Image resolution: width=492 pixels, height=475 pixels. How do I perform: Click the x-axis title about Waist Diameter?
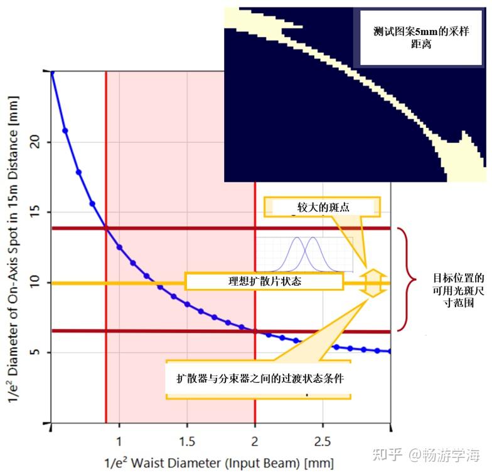(x=218, y=463)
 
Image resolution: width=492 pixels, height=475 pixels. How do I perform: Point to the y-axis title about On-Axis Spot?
(x=13, y=248)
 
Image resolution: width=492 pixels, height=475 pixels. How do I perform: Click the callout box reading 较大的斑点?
(x=322, y=207)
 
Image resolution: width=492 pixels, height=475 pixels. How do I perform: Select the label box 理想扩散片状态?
(x=264, y=281)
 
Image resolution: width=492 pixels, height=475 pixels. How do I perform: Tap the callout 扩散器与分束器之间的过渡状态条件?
(x=258, y=379)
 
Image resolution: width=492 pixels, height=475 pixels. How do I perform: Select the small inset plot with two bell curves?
(x=304, y=254)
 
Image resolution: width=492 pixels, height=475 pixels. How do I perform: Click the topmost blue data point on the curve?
(x=52, y=73)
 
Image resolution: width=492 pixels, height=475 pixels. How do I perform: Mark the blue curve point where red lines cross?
(x=106, y=228)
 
